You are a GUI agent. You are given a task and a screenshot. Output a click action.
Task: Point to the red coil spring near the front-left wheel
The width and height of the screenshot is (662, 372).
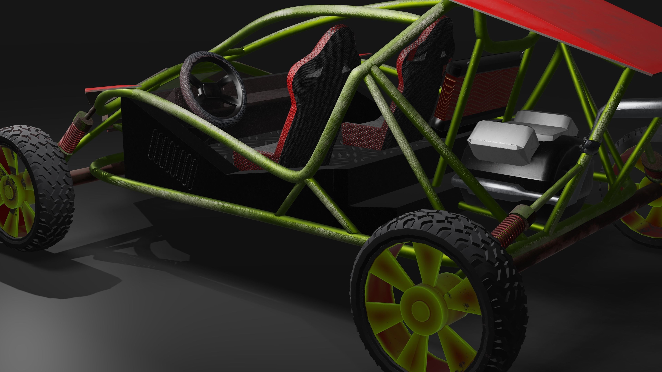[72, 136]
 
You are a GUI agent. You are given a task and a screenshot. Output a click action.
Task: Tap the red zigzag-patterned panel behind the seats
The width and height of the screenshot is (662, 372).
[478, 92]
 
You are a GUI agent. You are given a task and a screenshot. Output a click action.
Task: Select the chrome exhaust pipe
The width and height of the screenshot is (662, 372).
[637, 105]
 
